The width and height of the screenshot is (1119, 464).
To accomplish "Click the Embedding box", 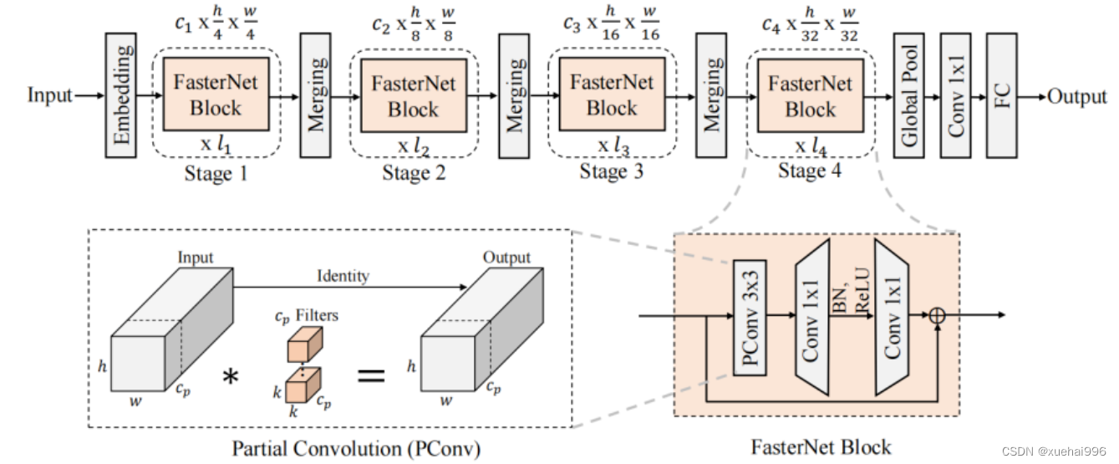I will coord(121,96).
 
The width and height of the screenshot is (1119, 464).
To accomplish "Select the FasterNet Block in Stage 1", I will coord(216,94).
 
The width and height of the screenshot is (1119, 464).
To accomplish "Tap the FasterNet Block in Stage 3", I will coord(612,94).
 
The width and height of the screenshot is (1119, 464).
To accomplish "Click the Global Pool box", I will coord(910,96).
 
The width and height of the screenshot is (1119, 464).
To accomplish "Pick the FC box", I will coord(1003,96).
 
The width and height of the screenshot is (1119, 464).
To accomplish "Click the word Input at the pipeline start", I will coord(50,96).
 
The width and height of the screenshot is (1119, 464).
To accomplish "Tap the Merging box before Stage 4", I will coord(712,96).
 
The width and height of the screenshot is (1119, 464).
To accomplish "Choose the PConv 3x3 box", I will coord(750,316).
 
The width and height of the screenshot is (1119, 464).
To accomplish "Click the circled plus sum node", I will coord(937,315).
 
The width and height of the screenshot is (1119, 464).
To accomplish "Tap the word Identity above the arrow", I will coord(343,275).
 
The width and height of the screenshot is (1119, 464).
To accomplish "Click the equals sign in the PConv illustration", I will coord(372,375).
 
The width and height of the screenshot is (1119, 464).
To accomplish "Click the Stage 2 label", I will coord(414,173).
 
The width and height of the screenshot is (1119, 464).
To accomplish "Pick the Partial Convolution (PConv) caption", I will coord(357,449).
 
